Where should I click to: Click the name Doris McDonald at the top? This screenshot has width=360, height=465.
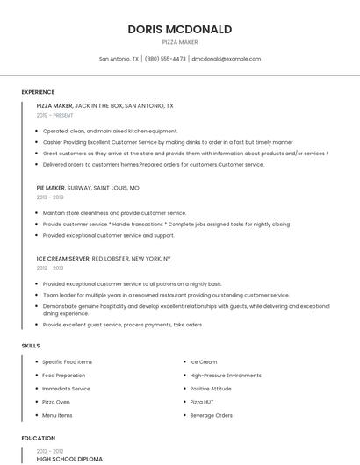[x=179, y=29]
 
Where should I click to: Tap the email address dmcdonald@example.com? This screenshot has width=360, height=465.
[x=226, y=59]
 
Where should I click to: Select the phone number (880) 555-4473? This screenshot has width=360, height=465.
[x=165, y=59]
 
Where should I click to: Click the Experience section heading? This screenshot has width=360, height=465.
[x=38, y=92]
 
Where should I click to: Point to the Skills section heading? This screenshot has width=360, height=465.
[x=31, y=346]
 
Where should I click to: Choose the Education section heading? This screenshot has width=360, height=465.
[x=38, y=437]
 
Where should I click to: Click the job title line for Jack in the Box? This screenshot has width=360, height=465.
[x=104, y=105]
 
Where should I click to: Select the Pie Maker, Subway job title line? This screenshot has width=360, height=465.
[x=88, y=188]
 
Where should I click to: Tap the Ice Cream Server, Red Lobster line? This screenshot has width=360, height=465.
[x=103, y=259]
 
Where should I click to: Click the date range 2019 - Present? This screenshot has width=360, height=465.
[x=54, y=115]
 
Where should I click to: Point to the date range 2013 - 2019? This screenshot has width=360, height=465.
[x=49, y=197]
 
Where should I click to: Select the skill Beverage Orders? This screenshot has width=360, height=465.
[x=211, y=415]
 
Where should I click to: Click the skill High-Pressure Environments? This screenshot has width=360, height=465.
[x=226, y=376]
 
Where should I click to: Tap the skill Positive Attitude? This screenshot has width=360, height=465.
[x=211, y=389]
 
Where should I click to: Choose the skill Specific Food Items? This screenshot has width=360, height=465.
[x=67, y=362]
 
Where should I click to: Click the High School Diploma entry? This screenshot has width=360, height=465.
[x=69, y=459]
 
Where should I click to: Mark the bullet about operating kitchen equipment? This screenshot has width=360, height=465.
[x=110, y=131]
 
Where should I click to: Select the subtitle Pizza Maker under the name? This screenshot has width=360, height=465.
[x=179, y=42]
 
